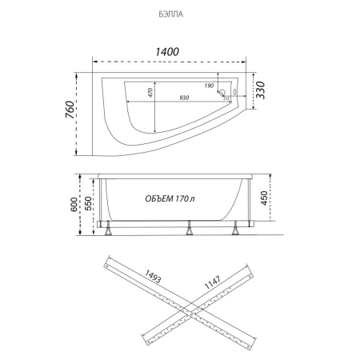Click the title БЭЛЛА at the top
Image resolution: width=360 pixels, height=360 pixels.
[171, 14]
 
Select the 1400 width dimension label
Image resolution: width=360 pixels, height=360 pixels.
[167, 52]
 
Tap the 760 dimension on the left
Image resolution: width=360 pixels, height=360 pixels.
[70, 110]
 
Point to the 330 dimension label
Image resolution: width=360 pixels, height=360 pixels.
[260, 90]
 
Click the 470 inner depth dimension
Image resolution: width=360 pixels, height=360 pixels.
[150, 92]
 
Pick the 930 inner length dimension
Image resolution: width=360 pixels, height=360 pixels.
[184, 98]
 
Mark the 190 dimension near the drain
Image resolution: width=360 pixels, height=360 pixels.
[209, 86]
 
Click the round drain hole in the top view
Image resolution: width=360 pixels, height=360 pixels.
[222, 93]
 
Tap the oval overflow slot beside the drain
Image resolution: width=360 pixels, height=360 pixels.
[234, 92]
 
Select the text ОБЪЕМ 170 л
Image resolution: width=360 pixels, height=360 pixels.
[170, 198]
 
